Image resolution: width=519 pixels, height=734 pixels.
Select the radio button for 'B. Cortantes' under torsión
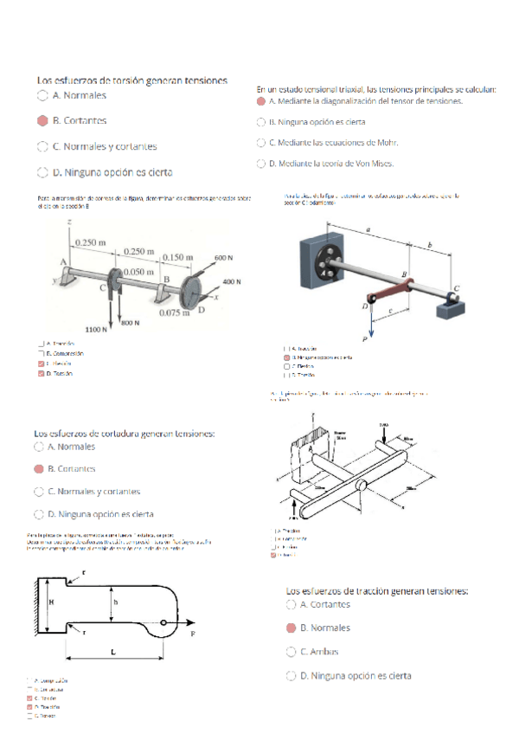coord(42,121)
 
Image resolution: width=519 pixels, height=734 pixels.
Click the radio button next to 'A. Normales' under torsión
coord(42,95)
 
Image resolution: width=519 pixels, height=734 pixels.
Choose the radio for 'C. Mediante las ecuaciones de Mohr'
coord(261,142)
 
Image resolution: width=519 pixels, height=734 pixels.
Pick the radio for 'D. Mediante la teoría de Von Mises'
coord(261,163)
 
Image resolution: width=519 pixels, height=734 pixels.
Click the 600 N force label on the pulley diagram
coord(224,258)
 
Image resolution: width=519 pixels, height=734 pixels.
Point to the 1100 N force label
coord(95,330)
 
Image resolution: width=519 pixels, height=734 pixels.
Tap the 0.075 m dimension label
coord(176,312)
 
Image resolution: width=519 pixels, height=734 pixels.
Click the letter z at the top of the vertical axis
coord(67,223)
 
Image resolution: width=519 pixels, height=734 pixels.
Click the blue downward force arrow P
coord(372,322)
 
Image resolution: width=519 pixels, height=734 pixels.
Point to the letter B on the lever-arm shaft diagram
coord(403,274)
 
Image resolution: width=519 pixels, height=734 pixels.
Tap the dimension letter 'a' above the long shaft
coord(369,230)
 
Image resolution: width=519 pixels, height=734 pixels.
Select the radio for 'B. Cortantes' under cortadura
coord(38,469)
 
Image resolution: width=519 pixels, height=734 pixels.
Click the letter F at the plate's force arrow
coord(192,634)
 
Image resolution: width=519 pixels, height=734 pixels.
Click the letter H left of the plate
coord(51,600)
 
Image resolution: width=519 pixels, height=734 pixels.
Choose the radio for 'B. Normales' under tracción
coord(292,628)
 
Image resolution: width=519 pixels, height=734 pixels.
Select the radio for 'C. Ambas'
coord(292,652)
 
